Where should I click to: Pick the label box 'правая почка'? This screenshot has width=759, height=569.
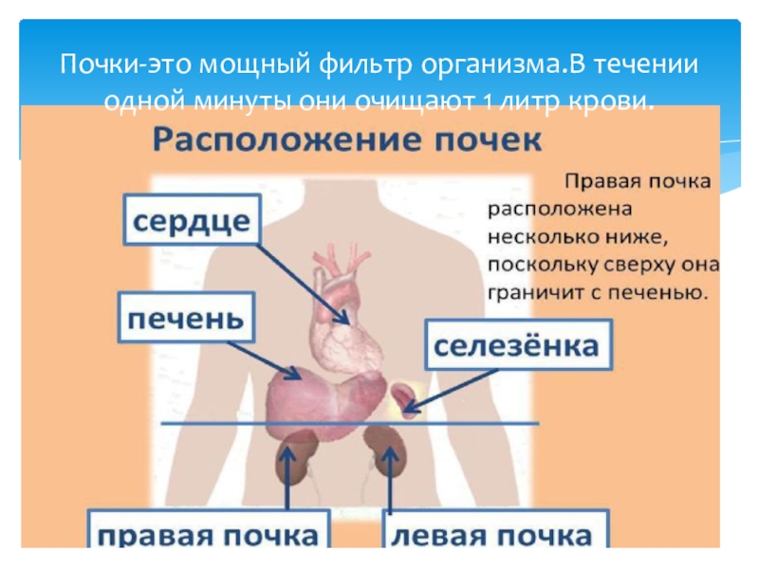tap(209, 534)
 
